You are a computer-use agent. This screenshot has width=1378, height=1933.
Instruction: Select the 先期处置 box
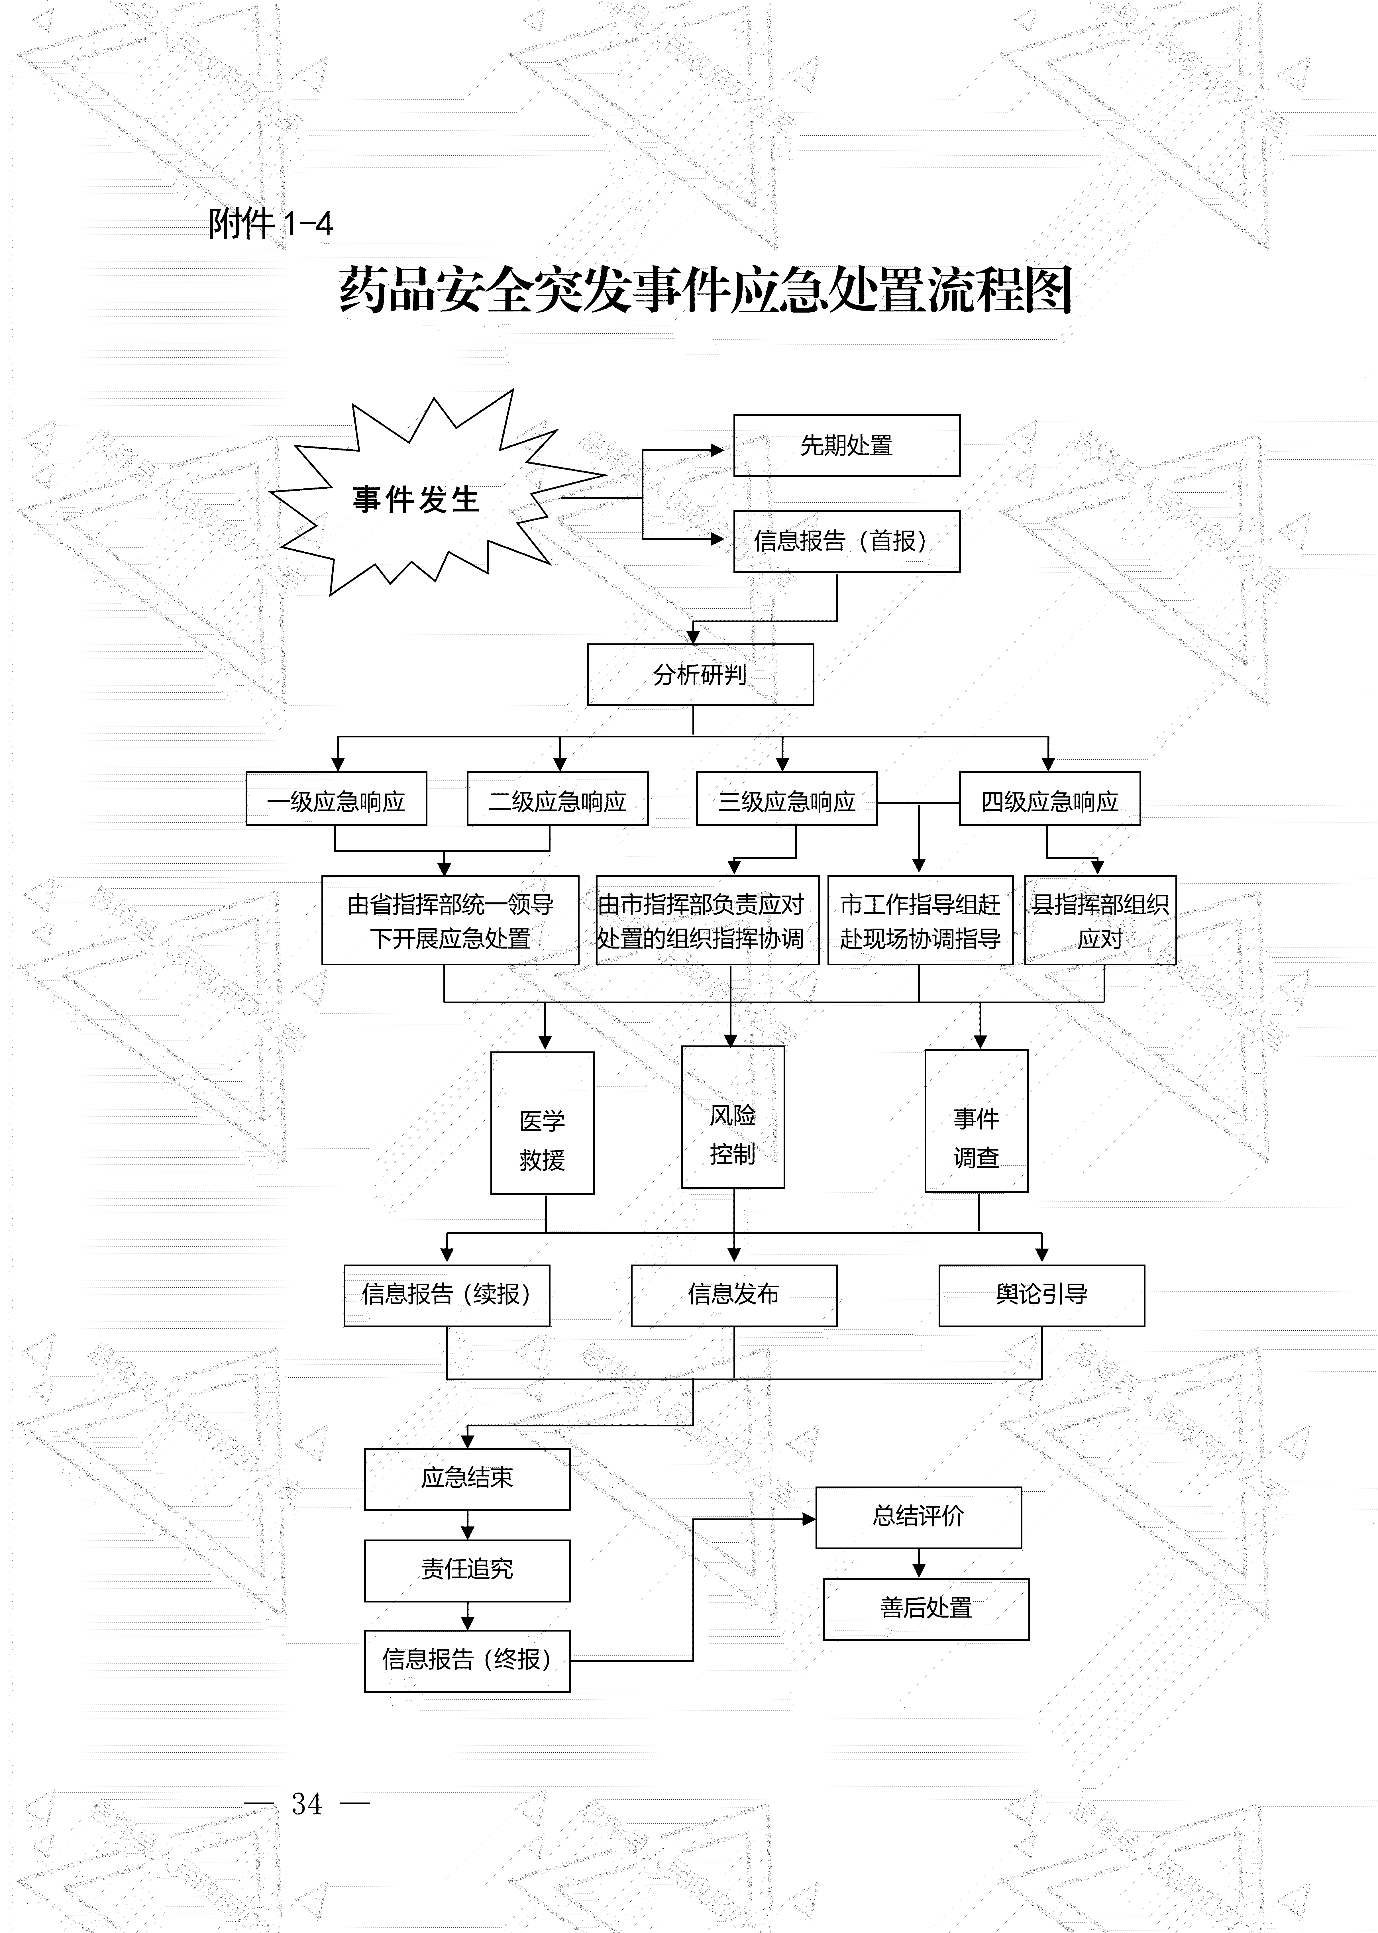(846, 445)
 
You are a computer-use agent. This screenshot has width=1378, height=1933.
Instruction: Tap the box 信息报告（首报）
(846, 541)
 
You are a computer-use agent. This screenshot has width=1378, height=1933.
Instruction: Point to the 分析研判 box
(700, 675)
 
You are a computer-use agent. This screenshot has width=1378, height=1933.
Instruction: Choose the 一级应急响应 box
(336, 798)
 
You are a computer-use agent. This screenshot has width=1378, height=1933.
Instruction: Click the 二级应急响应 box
(557, 798)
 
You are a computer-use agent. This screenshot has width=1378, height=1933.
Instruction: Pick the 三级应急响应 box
(786, 798)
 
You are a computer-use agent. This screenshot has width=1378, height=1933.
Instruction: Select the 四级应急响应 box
(1050, 798)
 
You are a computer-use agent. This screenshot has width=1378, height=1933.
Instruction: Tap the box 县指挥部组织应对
(1100, 921)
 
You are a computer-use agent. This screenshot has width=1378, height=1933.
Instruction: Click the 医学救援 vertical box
(542, 1123)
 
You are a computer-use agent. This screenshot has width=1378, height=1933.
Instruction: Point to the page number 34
(307, 1803)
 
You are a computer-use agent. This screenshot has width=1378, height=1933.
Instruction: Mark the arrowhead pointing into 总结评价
(809, 1519)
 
